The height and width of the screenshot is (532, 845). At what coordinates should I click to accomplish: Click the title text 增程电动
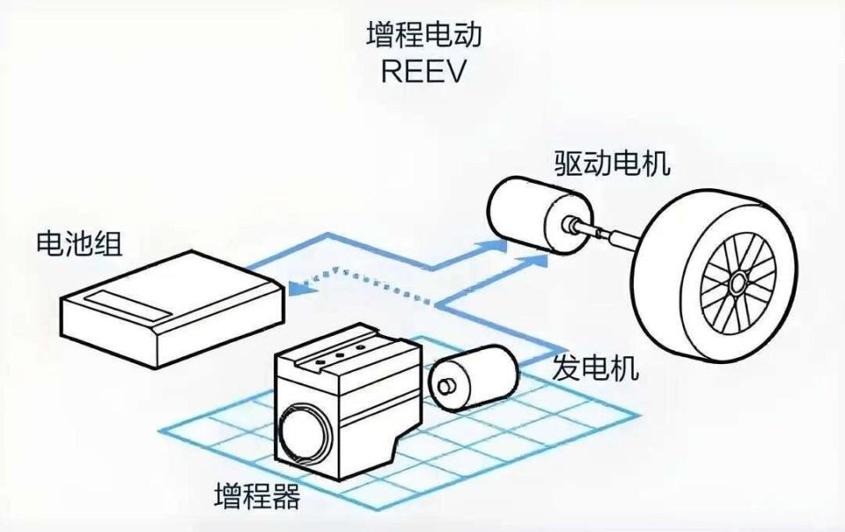click(423, 36)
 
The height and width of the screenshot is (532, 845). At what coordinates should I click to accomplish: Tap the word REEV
click(423, 70)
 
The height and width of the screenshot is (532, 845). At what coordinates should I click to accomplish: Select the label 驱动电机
click(612, 164)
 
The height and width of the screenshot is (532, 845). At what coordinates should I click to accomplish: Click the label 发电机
click(595, 368)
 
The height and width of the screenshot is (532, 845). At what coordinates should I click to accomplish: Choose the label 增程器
click(257, 497)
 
